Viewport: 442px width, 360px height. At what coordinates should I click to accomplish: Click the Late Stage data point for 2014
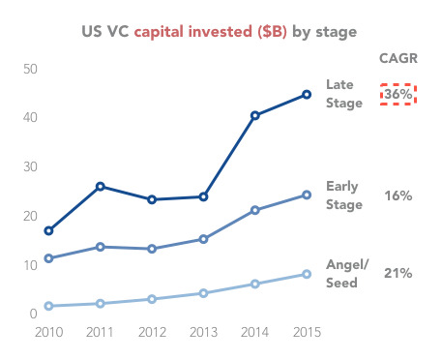click(x=255, y=115)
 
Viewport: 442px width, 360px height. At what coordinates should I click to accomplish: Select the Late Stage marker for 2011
click(x=101, y=186)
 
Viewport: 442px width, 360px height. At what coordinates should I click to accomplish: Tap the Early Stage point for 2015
click(x=307, y=195)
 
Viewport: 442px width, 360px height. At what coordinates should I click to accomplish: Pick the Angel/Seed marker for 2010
click(x=48, y=306)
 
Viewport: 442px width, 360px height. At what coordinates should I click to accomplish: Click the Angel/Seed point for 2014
click(x=255, y=284)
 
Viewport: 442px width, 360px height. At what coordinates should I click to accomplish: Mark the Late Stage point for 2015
click(x=307, y=94)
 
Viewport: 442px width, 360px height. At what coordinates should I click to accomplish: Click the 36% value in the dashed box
click(x=398, y=95)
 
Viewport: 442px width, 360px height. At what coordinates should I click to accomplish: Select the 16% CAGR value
click(x=398, y=195)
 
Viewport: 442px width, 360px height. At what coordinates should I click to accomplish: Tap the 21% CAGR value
click(x=398, y=274)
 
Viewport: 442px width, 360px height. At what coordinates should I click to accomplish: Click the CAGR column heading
click(x=398, y=58)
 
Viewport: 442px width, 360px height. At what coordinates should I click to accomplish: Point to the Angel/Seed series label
click(x=346, y=274)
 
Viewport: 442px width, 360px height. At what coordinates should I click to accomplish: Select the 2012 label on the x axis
click(x=152, y=332)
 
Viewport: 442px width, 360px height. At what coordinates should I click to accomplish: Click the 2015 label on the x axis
click(x=307, y=332)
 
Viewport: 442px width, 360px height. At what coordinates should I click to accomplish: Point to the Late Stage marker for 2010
click(x=48, y=230)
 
